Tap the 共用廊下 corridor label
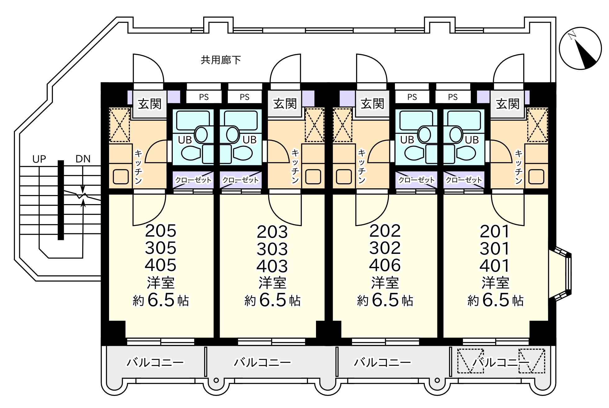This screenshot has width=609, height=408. click(221, 60)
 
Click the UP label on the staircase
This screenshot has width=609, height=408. click(39, 159)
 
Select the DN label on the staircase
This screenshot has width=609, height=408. click(83, 159)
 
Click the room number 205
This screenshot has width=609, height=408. click(161, 231)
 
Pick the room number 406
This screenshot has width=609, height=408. click(385, 265)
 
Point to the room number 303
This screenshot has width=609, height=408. click(272, 249)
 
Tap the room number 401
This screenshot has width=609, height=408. click(495, 266)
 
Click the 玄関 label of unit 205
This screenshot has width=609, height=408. click(150, 104)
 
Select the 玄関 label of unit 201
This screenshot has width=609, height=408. click(508, 104)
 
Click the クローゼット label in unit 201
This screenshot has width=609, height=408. click(464, 180)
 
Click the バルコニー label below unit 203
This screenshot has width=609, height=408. click(262, 362)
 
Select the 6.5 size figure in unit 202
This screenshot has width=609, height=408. click(385, 300)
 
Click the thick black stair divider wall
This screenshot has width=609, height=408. click(61, 200)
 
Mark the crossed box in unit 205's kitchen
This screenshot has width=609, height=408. click(120, 125)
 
